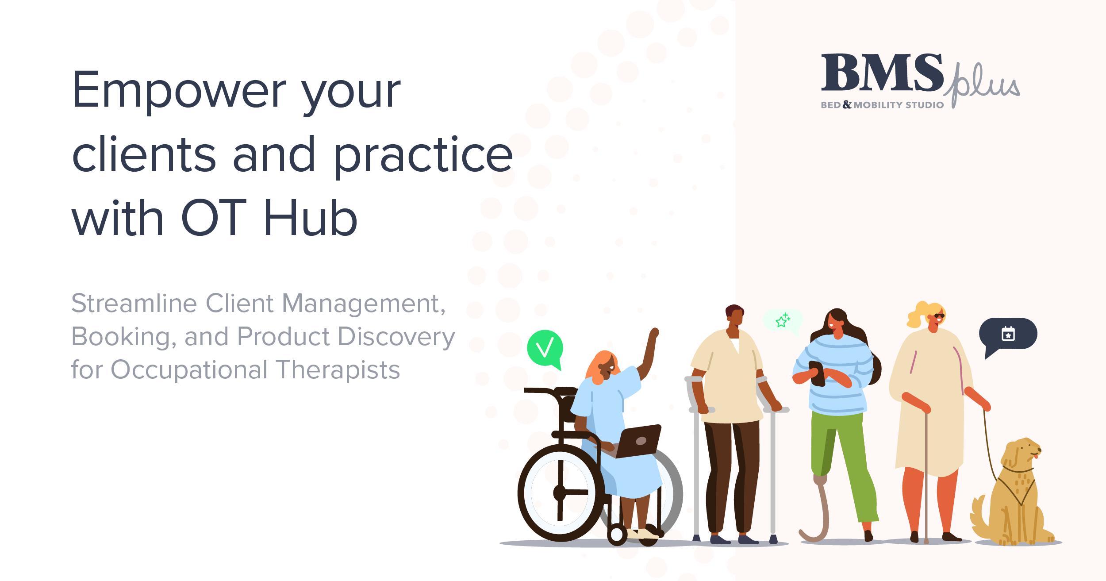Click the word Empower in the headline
click(180, 90)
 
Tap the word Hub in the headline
click(311, 218)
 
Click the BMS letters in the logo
click(882, 73)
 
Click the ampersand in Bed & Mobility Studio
click(847, 104)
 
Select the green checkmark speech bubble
click(545, 348)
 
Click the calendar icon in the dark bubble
click(1008, 334)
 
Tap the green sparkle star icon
click(783, 320)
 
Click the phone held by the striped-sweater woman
click(817, 373)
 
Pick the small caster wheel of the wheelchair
click(617, 535)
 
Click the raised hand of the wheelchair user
click(653, 333)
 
